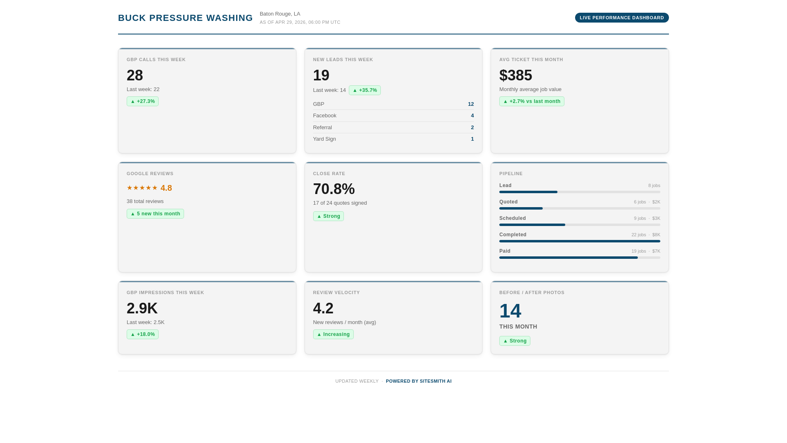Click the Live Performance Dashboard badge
(x=621, y=18)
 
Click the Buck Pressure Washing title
(x=185, y=18)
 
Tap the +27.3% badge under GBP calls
(x=143, y=101)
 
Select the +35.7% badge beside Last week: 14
(x=364, y=90)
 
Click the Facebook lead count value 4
(x=472, y=116)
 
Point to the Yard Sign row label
(x=324, y=139)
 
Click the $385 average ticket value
(x=515, y=75)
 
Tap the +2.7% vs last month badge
(x=531, y=101)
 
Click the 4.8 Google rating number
(x=166, y=188)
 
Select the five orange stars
(x=142, y=188)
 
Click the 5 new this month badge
(x=155, y=214)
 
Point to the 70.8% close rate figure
(x=334, y=189)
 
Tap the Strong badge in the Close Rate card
(x=328, y=216)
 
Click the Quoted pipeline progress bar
(x=579, y=208)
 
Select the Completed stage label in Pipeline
(x=512, y=235)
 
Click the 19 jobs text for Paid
(x=638, y=251)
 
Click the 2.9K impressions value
(x=142, y=308)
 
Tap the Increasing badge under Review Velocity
(x=333, y=334)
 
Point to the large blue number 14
(x=510, y=311)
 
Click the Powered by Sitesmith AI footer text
(x=418, y=381)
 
